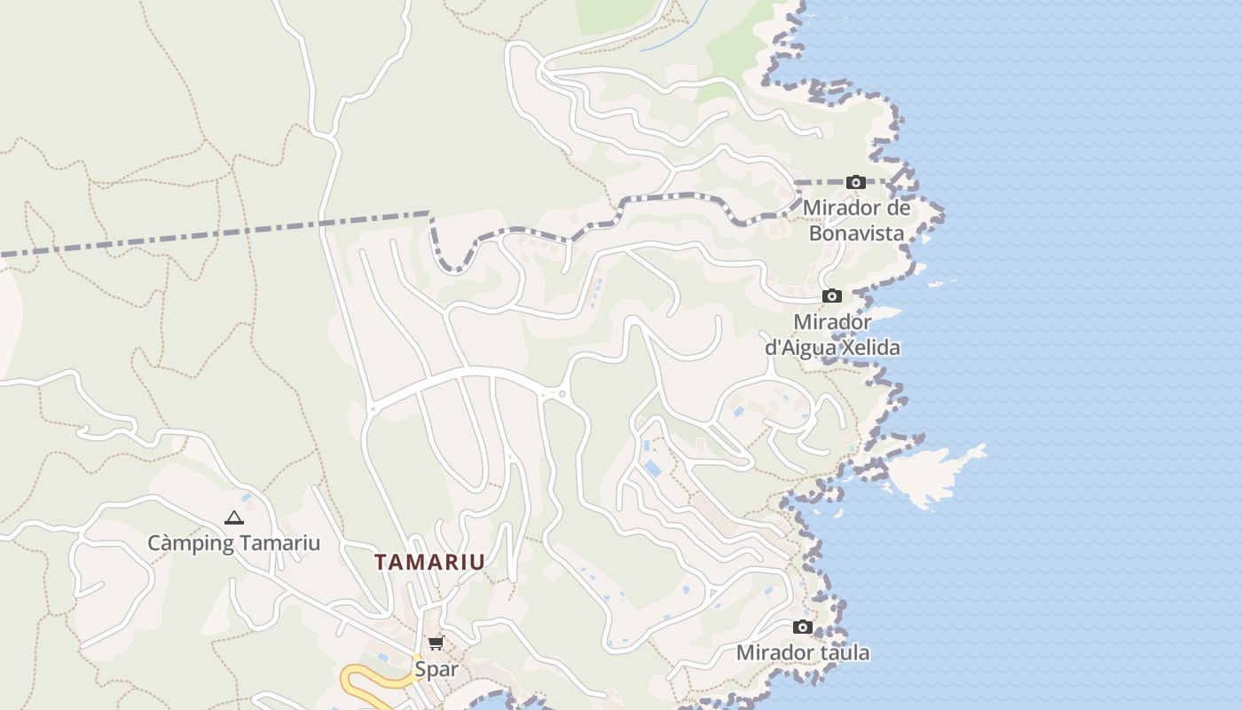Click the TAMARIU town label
[x=429, y=562]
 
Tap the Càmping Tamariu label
[x=233, y=543]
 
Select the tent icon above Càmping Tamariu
[x=233, y=517]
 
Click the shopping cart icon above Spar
[x=436, y=643]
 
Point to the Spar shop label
[x=436, y=668]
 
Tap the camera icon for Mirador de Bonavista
[x=856, y=183]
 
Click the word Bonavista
[x=856, y=233]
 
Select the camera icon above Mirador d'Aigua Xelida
[x=831, y=296]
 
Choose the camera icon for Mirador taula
[x=802, y=627]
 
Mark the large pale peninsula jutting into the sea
[x=931, y=470]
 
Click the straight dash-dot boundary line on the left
[x=213, y=233]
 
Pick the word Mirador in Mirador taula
[x=774, y=653]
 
